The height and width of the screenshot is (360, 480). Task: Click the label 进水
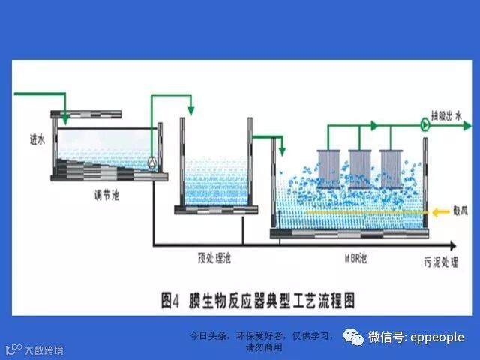(37, 138)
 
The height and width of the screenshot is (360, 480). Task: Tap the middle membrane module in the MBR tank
(360, 168)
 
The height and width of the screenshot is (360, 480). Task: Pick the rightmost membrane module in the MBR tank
(391, 168)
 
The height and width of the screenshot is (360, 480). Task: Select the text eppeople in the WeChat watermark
(437, 337)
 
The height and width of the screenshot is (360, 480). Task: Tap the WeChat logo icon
(354, 337)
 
